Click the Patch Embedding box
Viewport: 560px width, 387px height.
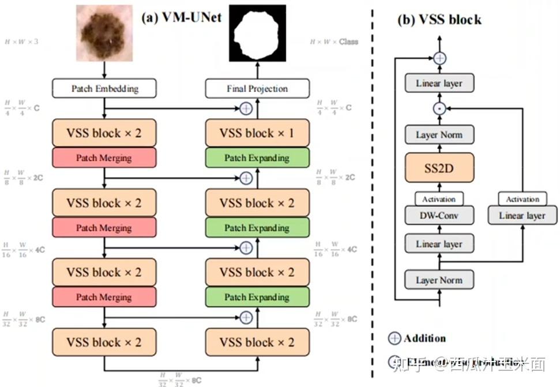pyautogui.click(x=104, y=88)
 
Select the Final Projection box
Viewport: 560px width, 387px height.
pyautogui.click(x=257, y=88)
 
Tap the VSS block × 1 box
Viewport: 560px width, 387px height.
pyautogui.click(x=257, y=133)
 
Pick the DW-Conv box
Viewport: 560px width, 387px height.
pyautogui.click(x=439, y=216)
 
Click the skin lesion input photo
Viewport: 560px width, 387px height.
pyautogui.click(x=104, y=33)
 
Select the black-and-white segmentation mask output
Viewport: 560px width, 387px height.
pyautogui.click(x=257, y=33)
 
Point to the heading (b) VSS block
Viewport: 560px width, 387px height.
pyautogui.click(x=439, y=20)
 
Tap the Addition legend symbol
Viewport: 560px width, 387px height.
pyautogui.click(x=395, y=339)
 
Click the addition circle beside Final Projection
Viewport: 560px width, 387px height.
pyautogui.click(x=246, y=108)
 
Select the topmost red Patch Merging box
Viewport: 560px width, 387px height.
pyautogui.click(x=104, y=157)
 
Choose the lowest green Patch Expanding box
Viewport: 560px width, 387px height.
pyautogui.click(x=257, y=297)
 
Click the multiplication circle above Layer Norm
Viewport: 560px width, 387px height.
pyautogui.click(x=439, y=108)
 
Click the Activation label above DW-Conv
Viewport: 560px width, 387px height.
pyautogui.click(x=439, y=199)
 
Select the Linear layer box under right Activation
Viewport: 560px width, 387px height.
pyautogui.click(x=522, y=216)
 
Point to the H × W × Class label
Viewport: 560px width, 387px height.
pyautogui.click(x=334, y=42)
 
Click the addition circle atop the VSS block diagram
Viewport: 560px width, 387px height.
pyautogui.click(x=439, y=58)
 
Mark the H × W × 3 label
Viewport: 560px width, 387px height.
pyautogui.click(x=21, y=42)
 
